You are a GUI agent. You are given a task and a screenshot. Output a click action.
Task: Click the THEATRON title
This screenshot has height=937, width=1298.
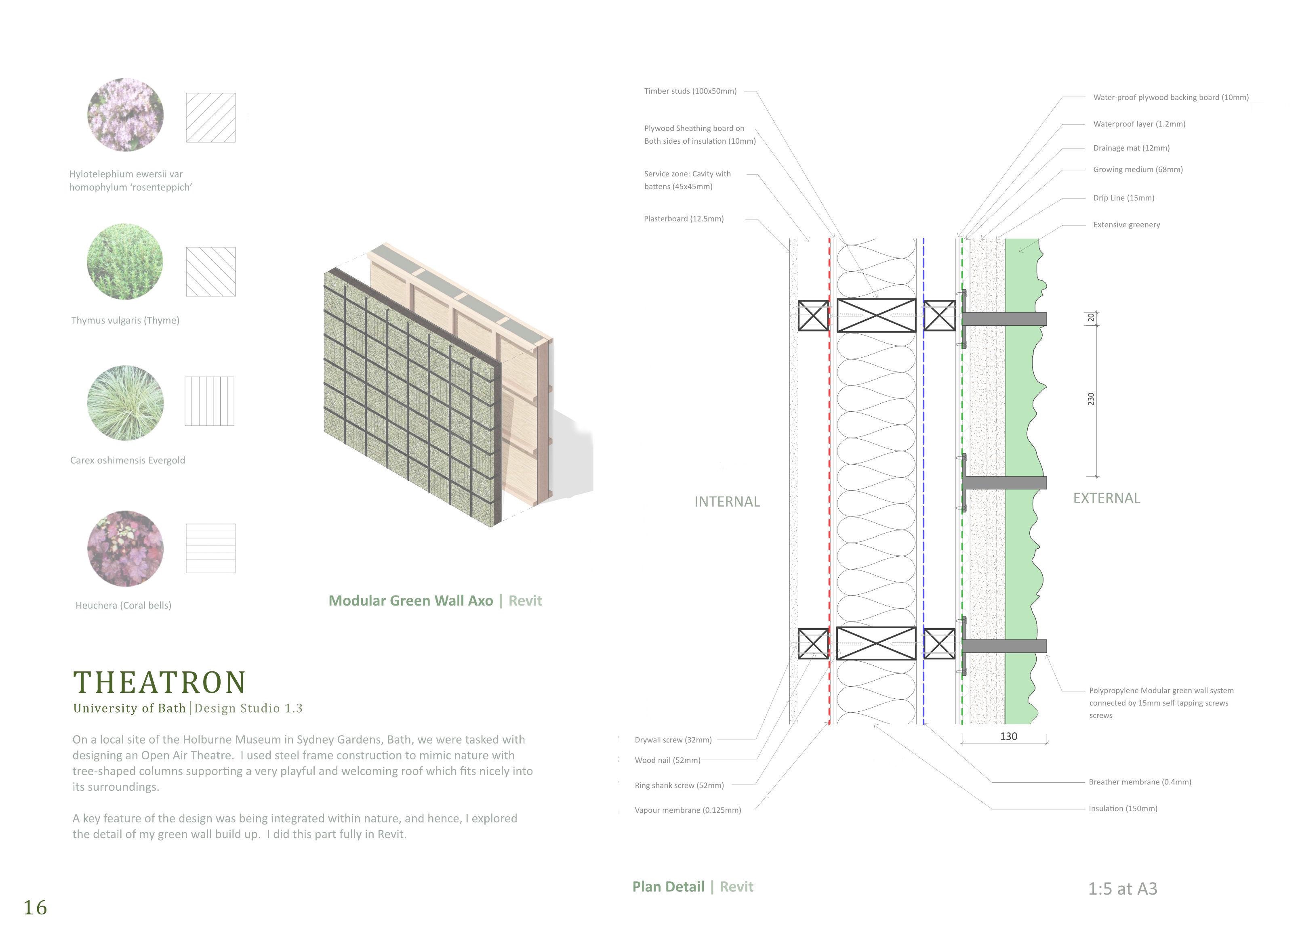[160, 682]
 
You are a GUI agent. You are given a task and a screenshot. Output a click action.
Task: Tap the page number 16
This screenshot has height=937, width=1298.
[35, 907]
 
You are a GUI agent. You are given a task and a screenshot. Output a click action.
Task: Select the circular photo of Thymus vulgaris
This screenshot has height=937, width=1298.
[125, 262]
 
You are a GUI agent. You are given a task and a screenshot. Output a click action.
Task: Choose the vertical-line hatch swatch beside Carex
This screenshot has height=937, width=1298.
[209, 401]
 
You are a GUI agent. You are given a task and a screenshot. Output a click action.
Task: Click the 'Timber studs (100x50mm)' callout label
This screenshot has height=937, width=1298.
[690, 91]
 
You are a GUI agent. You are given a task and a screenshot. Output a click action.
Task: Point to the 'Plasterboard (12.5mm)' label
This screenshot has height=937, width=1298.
[684, 218]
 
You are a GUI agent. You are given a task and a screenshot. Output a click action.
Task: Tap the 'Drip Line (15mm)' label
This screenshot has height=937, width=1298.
[1123, 198]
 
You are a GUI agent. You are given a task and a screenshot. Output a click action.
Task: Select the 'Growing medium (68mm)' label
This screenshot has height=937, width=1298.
[1138, 169]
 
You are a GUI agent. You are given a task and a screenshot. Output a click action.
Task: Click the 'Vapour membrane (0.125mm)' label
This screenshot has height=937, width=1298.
[687, 810]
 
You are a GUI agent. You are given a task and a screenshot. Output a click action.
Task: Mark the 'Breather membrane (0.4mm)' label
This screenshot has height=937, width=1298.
[1140, 782]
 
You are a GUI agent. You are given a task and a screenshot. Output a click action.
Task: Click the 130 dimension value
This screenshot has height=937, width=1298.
[1008, 737]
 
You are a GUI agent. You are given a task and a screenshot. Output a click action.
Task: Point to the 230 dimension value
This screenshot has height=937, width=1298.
[1091, 399]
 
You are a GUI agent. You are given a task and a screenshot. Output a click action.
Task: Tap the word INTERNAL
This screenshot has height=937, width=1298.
[727, 502]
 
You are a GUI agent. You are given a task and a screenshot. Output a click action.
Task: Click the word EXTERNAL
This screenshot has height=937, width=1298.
[1106, 498]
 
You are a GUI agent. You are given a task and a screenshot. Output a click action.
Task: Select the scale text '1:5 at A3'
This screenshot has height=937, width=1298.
[1122, 889]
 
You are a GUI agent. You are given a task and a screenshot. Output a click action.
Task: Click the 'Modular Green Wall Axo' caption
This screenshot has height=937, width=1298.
[410, 601]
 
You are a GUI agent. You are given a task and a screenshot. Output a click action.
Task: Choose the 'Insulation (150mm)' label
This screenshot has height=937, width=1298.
[1123, 808]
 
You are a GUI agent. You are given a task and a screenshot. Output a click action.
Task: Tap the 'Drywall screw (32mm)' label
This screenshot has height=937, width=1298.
[673, 740]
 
